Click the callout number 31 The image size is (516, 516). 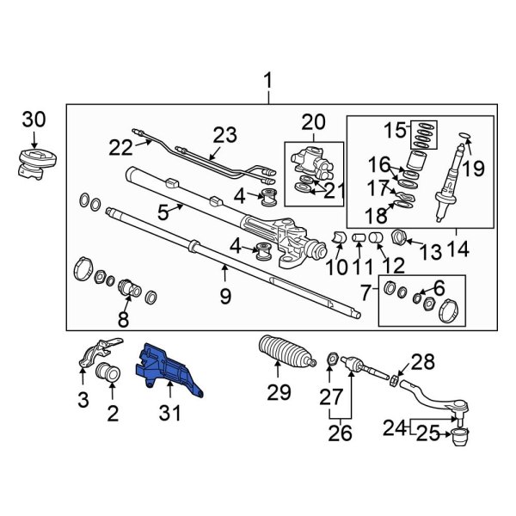170,414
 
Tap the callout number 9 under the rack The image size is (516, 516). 225,298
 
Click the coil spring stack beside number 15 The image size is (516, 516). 423,133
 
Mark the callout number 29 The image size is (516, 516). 278,393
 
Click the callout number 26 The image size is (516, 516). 341,433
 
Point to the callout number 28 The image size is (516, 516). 422,362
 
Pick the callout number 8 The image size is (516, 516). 123,322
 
